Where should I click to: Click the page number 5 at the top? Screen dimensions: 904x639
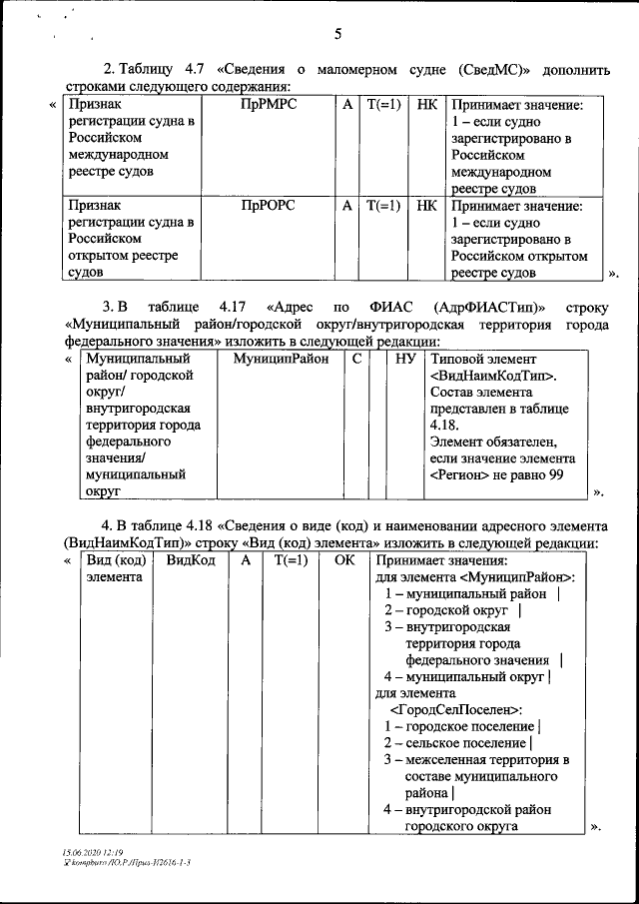tap(337, 34)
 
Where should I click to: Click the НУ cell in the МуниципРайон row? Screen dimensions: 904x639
tap(404, 358)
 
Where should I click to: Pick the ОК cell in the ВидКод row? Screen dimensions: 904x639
tap(343, 560)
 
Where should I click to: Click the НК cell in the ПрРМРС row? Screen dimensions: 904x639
tap(426, 105)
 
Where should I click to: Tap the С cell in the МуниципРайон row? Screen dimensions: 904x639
tap(356, 358)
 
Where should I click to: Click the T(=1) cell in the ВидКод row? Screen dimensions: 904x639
tap(291, 560)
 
